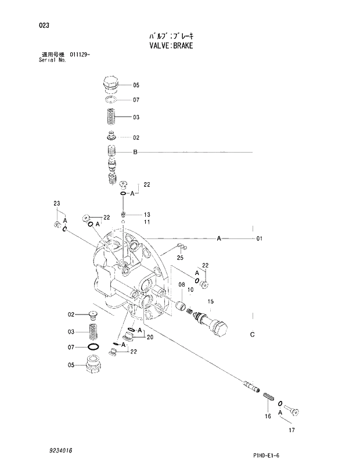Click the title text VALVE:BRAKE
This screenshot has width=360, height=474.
point(170,45)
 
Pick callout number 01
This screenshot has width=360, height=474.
point(259,238)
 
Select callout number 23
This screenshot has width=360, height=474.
point(56,203)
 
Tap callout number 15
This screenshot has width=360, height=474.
point(211,301)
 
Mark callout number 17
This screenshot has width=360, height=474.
point(292,430)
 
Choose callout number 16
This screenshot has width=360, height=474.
point(268,416)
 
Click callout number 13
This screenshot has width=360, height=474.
point(147,215)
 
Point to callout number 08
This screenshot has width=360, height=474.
point(182,285)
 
